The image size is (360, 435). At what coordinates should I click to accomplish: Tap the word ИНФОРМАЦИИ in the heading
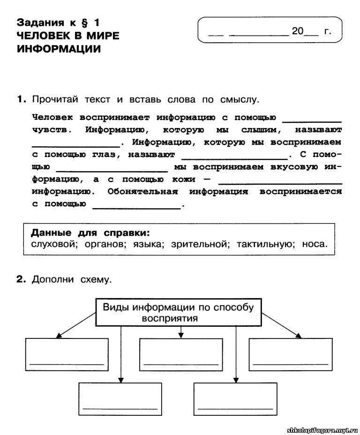click(x=59, y=49)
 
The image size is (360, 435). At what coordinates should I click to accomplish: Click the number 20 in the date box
click(x=298, y=31)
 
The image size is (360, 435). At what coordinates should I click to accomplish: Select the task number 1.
click(x=20, y=99)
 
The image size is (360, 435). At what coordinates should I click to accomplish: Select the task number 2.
click(x=20, y=280)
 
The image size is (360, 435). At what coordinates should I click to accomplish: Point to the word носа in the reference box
click(x=315, y=244)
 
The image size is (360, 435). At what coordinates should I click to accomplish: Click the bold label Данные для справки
click(x=90, y=233)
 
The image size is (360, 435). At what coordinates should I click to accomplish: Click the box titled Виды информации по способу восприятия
click(x=178, y=312)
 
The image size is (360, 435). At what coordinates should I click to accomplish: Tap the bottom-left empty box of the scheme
click(x=120, y=399)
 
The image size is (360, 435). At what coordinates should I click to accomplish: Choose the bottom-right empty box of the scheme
click(x=235, y=399)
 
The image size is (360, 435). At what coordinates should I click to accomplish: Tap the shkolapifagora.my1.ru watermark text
click(x=322, y=429)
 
